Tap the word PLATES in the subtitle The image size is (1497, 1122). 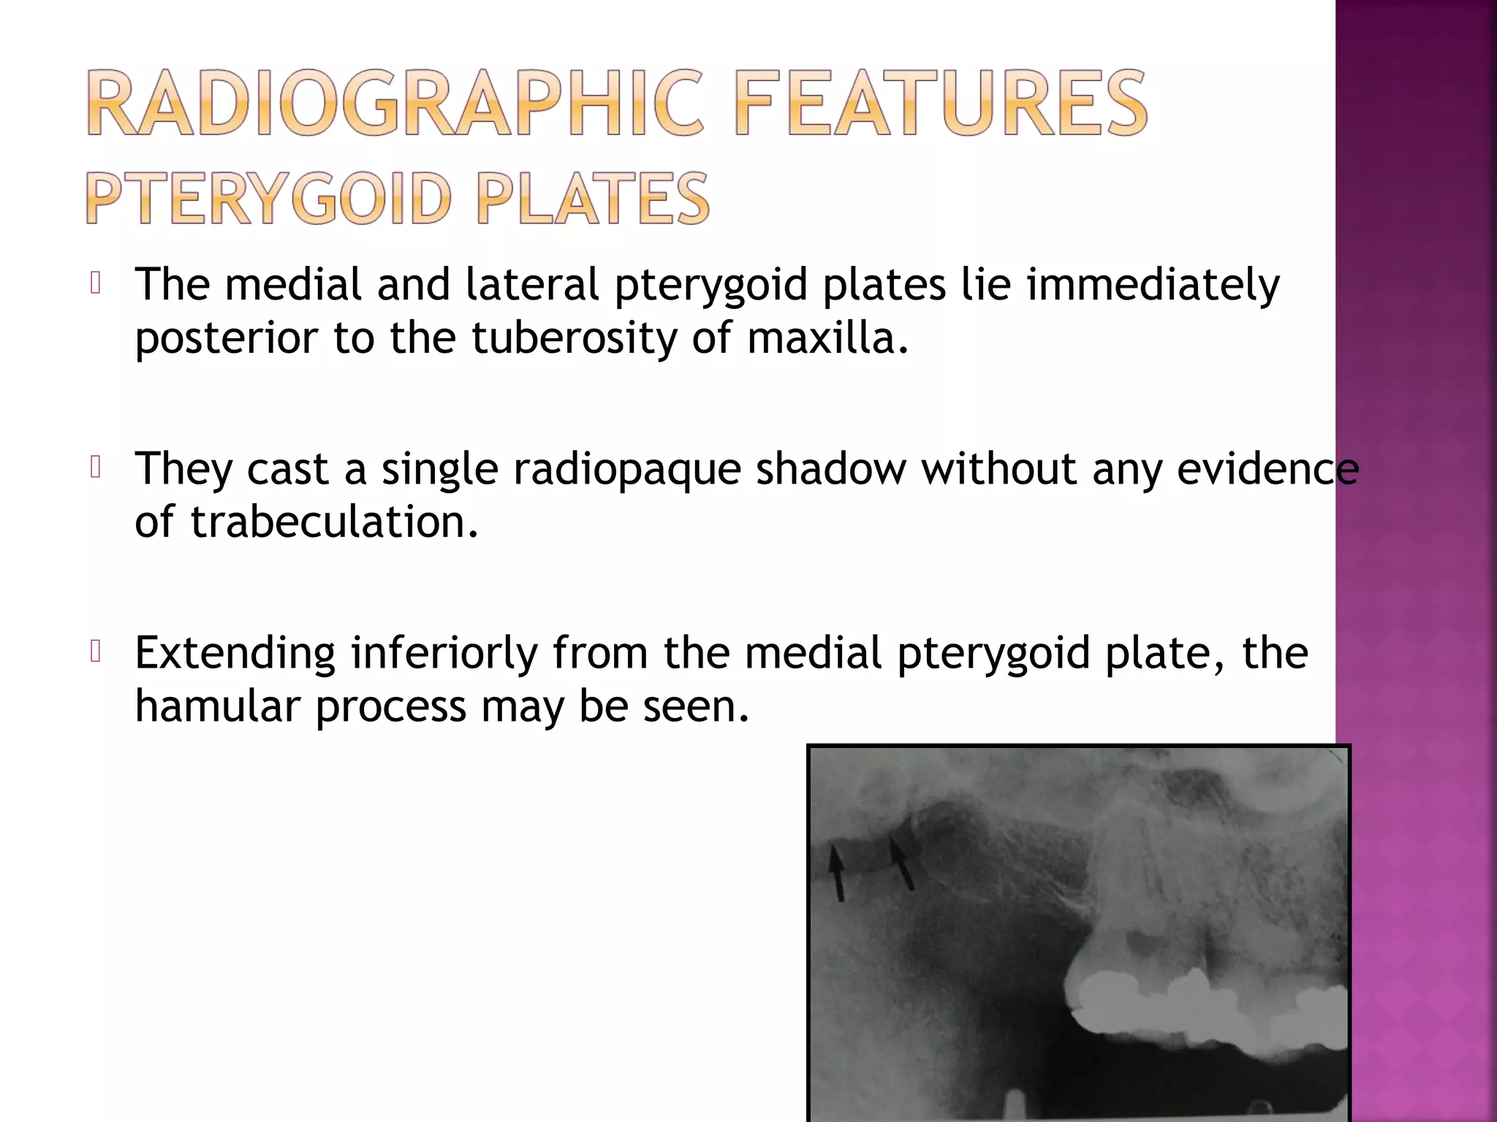(593, 199)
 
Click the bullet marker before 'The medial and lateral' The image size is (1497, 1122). (95, 283)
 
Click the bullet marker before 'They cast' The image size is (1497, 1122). (95, 467)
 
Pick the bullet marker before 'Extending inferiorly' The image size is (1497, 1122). (95, 652)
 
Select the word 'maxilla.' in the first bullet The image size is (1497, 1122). (828, 338)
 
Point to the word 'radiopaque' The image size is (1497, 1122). (626, 469)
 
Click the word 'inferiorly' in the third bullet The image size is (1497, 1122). (444, 653)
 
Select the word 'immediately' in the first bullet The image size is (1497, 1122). (1153, 285)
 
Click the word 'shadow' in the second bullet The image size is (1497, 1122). (830, 469)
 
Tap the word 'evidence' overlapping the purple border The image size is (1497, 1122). (1267, 469)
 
